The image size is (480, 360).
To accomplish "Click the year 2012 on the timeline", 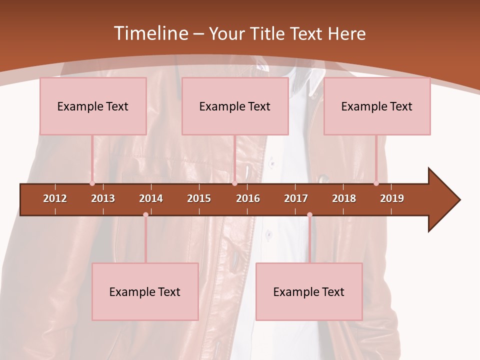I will tap(55, 198).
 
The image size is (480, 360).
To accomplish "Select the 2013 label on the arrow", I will tap(103, 198).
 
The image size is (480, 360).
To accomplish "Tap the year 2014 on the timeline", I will tap(151, 198).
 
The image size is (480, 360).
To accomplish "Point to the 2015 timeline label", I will tap(199, 198).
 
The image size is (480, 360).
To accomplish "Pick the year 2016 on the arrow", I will tap(248, 198).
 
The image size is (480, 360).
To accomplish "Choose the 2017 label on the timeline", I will tap(296, 198).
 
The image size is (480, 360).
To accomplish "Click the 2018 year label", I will tap(344, 198).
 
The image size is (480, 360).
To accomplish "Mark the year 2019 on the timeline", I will tap(392, 198).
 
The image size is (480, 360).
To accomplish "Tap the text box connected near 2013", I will tap(93, 106).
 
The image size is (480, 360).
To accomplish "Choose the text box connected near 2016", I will tap(235, 106).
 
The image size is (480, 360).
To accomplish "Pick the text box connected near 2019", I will tap(377, 106).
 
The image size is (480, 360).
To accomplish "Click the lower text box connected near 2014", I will tap(145, 291).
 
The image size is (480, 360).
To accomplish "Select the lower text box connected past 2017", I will tap(309, 291).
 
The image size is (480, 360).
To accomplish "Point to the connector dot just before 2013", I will tap(92, 183).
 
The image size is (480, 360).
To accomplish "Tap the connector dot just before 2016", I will tap(234, 183).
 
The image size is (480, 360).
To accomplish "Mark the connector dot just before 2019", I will tap(376, 183).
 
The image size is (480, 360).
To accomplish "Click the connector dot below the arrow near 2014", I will tap(145, 214).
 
